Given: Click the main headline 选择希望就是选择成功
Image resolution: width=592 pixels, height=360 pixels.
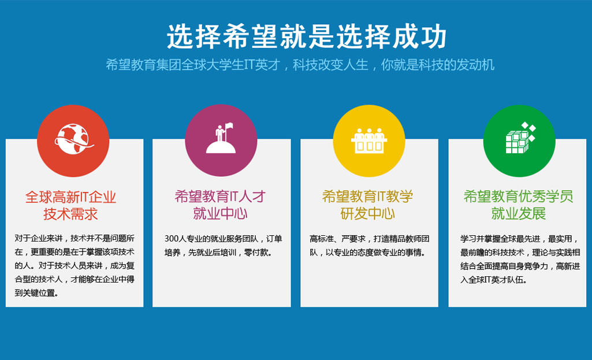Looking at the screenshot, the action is [307, 36].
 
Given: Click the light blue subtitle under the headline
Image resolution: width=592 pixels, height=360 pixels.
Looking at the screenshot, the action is [300, 65].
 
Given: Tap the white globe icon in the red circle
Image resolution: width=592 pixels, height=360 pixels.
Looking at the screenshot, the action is [73, 139].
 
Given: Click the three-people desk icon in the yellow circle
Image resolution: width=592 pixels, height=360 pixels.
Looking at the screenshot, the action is [369, 140].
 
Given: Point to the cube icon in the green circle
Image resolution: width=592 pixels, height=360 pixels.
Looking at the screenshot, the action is [520, 138].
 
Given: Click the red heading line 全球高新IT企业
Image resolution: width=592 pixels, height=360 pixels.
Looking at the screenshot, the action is [70, 197].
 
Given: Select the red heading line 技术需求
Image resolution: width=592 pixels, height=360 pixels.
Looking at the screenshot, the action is [70, 214].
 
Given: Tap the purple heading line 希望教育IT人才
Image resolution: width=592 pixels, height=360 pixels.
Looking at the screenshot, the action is [220, 196].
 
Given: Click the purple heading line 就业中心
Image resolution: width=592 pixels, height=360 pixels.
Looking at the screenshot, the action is [220, 213].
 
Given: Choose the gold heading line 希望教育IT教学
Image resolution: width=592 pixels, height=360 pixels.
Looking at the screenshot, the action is [368, 196].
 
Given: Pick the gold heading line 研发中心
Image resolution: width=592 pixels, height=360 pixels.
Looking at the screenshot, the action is [368, 213].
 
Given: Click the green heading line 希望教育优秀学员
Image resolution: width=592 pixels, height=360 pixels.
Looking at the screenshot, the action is [519, 196].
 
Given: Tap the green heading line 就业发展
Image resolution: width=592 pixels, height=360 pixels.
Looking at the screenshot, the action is [519, 213].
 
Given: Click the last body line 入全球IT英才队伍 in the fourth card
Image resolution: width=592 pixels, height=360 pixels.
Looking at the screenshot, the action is [492, 280].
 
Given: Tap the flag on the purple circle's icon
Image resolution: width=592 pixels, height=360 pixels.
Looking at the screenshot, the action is [229, 127].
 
